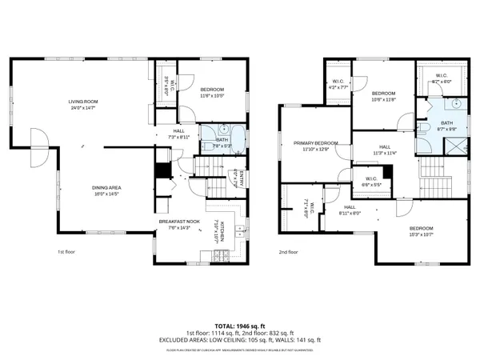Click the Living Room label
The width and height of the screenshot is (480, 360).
(x=83, y=102)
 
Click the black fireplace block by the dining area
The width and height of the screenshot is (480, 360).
(x=162, y=170)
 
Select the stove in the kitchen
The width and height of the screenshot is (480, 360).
(x=222, y=255)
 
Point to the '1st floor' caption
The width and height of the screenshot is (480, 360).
(x=66, y=253)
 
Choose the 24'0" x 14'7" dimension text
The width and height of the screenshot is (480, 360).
(x=83, y=108)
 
